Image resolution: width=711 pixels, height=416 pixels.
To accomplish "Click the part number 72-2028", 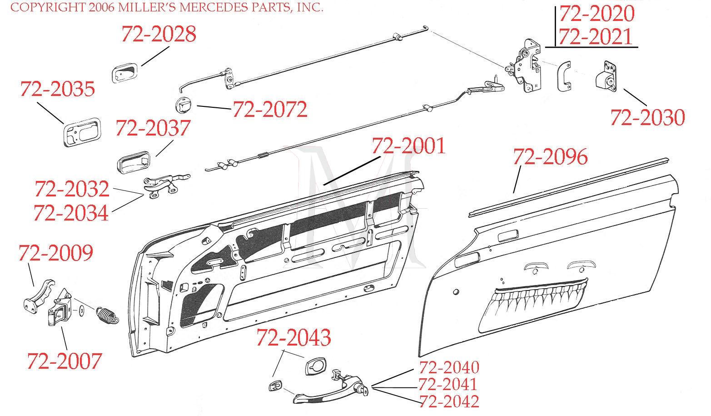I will coord(159,34).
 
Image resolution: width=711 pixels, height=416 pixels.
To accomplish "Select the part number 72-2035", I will coord(57,89).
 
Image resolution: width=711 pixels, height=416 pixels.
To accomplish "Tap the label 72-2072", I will coord(270,110).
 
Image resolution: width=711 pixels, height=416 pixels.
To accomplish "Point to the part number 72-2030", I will coord(647,118).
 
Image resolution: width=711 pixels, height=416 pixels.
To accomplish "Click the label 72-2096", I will coord(550,157).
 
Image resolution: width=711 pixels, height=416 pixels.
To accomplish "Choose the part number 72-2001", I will coord(408,146).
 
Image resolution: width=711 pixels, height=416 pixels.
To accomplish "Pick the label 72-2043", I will coord(293,337).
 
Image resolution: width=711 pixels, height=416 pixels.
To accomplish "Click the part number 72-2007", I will coord(64,361).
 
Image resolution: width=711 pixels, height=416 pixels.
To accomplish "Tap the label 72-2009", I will coord(55,253).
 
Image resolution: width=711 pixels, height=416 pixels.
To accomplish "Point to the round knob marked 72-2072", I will coord(183,107).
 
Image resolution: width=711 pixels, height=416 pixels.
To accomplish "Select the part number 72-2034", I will coord(71,213).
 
